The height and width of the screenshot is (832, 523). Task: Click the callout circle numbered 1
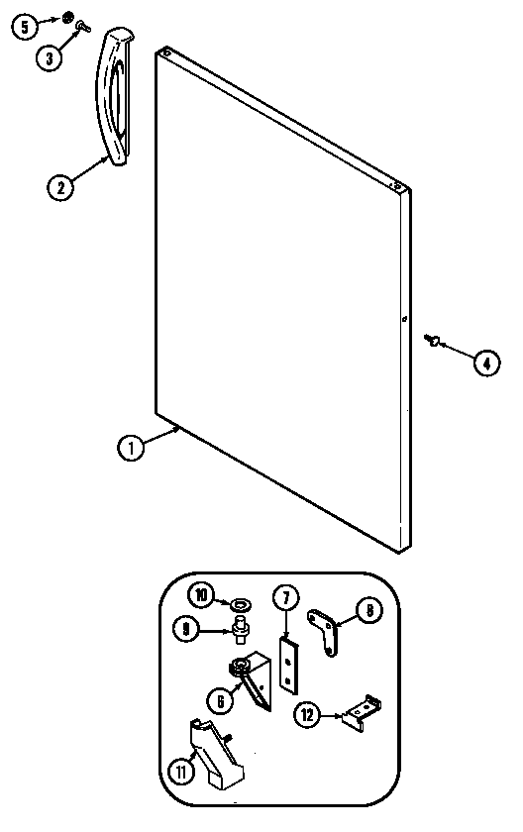pos(131,448)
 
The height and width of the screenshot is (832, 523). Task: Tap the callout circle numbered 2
pos(60,187)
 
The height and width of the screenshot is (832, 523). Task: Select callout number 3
pos(50,57)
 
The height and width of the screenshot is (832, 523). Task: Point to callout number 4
pos(486,363)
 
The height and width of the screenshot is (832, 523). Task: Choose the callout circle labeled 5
pos(25,26)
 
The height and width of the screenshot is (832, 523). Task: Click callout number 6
pos(221,701)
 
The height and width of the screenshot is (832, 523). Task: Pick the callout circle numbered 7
pos(286,598)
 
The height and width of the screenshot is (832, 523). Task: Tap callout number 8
pos(369,610)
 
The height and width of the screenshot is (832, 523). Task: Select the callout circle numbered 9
pos(185,629)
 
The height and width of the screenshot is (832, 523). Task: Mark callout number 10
pos(201,595)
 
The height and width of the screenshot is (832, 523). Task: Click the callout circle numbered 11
pos(181,772)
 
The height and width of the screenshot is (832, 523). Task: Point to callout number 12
pos(308,715)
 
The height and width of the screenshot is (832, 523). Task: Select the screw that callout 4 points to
pos(432,339)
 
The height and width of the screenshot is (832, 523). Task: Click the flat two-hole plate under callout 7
pos(288,667)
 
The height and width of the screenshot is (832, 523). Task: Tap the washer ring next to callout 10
pos(242,604)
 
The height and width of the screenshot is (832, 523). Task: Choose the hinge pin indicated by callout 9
pos(241,629)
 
